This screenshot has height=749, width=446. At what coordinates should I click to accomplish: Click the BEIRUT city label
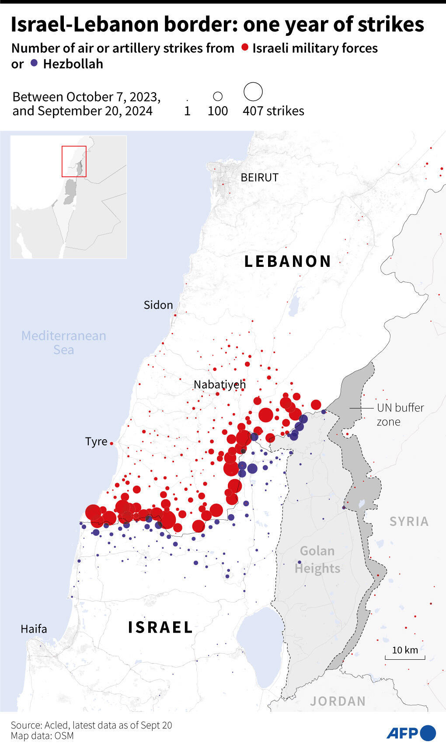tap(259, 177)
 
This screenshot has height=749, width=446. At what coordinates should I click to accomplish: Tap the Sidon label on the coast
tap(158, 305)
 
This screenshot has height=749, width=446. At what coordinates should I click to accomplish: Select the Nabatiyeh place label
tap(220, 385)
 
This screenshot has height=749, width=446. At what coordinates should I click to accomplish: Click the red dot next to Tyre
tap(111, 443)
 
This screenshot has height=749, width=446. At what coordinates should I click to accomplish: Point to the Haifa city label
tap(34, 629)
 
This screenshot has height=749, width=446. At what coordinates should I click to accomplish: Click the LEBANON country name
tap(288, 261)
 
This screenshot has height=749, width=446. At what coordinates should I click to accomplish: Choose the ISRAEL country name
tap(160, 627)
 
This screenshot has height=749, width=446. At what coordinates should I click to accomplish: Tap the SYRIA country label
tap(409, 521)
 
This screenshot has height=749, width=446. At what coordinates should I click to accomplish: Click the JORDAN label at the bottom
tap(338, 701)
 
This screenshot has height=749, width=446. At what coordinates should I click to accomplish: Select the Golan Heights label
tap(317, 560)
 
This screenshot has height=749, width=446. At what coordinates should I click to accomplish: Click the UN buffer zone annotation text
tap(400, 414)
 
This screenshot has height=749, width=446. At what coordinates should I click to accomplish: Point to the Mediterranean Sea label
tap(64, 343)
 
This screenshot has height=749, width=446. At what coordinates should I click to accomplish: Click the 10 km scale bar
tap(405, 656)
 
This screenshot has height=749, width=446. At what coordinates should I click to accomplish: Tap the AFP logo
tap(411, 733)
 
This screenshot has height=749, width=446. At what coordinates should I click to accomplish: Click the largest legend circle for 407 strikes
tap(253, 92)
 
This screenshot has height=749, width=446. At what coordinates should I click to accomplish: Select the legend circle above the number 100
tap(218, 96)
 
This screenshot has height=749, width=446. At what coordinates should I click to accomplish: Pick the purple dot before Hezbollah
tap(34, 63)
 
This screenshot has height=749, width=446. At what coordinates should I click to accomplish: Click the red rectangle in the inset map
tap(74, 161)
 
